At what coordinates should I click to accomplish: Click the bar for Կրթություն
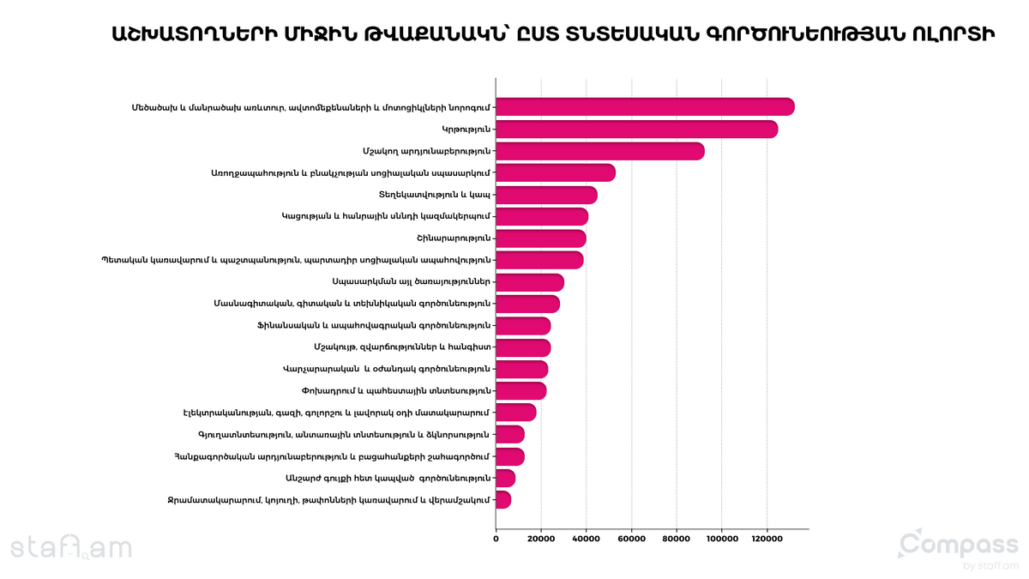click(636, 130)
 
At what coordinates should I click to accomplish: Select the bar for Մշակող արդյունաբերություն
click(600, 151)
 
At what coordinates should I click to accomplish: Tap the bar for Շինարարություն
click(541, 238)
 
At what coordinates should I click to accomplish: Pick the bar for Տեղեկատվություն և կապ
click(547, 195)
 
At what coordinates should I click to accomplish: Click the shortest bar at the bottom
click(503, 499)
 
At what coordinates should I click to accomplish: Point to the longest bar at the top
click(645, 106)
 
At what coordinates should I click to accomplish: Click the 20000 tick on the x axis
click(541, 539)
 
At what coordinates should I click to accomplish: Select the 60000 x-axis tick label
click(631, 539)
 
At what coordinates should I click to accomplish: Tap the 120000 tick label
click(767, 539)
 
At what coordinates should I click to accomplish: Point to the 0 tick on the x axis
click(496, 539)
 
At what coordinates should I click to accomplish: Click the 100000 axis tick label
click(722, 539)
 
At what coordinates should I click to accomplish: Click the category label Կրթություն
click(466, 130)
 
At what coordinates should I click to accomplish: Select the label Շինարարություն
click(454, 238)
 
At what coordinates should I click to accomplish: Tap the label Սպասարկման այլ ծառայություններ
click(411, 281)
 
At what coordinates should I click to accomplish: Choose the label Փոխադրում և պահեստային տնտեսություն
click(396, 390)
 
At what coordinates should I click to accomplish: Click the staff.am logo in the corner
click(71, 547)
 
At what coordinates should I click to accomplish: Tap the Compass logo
click(959, 548)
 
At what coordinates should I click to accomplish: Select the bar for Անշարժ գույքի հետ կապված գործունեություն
click(506, 478)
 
